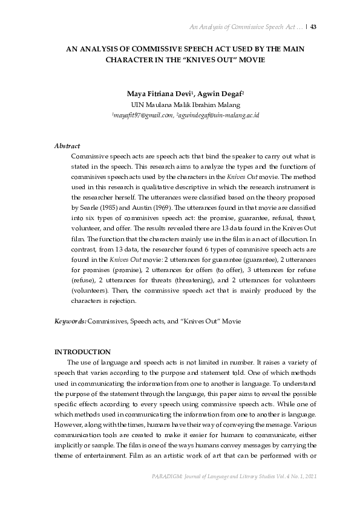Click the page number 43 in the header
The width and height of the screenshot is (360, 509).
coord(313,27)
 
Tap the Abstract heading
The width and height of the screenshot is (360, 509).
coord(67,146)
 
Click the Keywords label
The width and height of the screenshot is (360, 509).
coord(70,322)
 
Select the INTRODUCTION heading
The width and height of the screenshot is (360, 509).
coord(82,352)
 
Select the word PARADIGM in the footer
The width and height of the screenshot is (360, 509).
coord(166,495)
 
